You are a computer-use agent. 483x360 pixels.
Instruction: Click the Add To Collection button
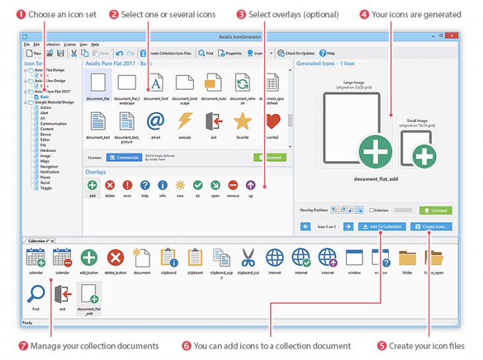[381, 227]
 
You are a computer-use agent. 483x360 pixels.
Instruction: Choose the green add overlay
[92, 186]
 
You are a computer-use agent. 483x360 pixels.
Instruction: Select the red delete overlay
[110, 186]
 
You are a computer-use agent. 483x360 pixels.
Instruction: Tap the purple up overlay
[250, 186]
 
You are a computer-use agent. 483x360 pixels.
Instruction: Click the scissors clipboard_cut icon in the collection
[248, 258]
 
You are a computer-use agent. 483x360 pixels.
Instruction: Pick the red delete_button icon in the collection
[115, 258]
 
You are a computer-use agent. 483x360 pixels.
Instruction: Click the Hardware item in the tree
[48, 150]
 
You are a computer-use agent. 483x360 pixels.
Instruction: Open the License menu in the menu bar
[70, 44]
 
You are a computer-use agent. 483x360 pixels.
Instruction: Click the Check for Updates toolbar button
[296, 53]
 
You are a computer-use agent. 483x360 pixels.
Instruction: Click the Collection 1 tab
[38, 241]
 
